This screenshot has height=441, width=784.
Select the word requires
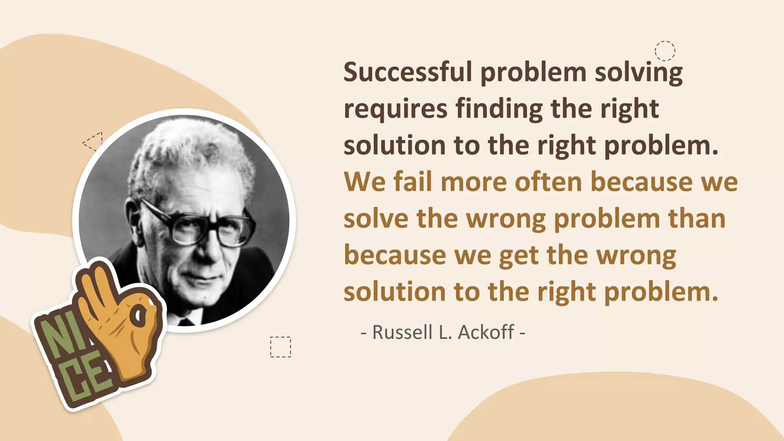[x=395, y=109]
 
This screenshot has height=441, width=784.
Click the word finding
[x=499, y=109]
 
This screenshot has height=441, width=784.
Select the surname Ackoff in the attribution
[x=486, y=332]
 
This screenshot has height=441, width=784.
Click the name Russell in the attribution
[x=402, y=332]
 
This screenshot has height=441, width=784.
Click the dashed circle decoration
[x=665, y=51]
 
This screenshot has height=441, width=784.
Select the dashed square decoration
[x=280, y=347]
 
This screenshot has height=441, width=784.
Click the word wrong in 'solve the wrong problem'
[x=506, y=219]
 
